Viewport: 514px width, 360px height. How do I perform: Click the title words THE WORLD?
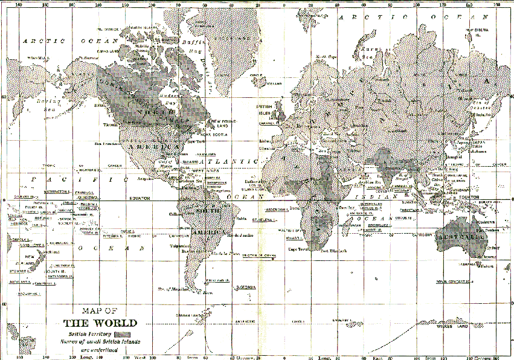pyautogui.click(x=100, y=323)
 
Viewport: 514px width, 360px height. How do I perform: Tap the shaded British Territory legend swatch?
pyautogui.click(x=126, y=333)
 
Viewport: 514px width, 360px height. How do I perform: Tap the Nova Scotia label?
pyautogui.click(x=214, y=135)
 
